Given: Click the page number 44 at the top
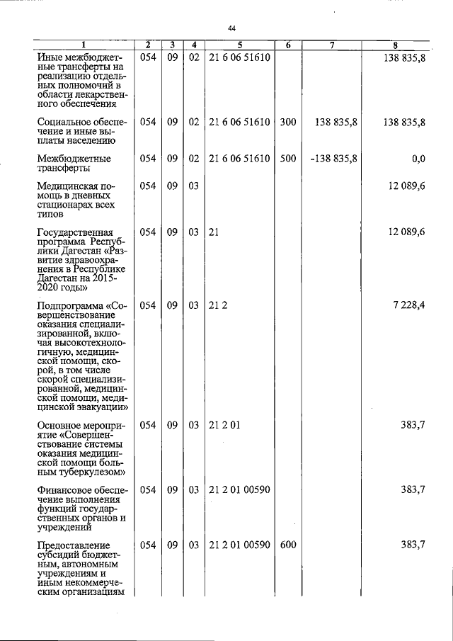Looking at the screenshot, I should [231, 28].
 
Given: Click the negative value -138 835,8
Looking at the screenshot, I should [333, 159].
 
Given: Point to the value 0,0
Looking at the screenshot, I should [418, 159].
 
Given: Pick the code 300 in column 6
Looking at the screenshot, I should [287, 122].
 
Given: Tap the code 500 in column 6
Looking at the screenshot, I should [287, 159].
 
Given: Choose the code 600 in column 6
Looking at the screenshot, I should [287, 545].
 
